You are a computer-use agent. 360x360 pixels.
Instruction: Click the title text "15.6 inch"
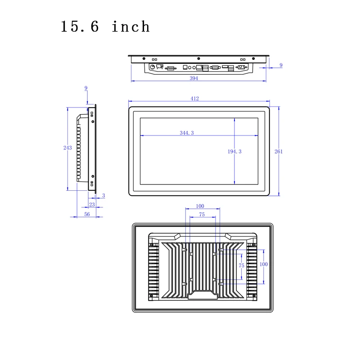(x=105, y=27)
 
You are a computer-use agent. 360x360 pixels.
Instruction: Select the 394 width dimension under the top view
(x=193, y=78)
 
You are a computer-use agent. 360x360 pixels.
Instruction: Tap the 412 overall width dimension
(x=194, y=98)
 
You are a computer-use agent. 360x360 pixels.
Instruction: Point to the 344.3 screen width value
(x=186, y=133)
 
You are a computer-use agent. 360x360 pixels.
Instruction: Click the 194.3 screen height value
(x=234, y=152)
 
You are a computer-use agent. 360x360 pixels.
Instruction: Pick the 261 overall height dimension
(x=279, y=152)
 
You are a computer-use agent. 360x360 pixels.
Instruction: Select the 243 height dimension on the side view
(x=67, y=148)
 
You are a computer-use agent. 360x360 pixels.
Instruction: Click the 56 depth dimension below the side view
(x=87, y=214)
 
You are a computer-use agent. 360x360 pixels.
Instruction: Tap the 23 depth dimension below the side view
(x=92, y=204)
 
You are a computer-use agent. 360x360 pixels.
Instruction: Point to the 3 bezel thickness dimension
(x=103, y=195)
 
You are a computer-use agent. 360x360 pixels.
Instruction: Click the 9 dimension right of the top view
(x=281, y=65)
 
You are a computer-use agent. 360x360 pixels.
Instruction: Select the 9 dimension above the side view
(x=86, y=88)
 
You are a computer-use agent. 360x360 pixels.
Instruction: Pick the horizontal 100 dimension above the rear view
(x=200, y=206)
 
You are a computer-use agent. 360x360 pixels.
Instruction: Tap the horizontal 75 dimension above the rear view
(x=202, y=215)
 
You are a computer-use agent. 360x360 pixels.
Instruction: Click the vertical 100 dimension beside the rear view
(x=264, y=264)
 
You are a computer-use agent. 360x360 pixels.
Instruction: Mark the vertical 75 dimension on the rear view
(x=242, y=265)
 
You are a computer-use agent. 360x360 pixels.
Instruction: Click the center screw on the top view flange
(x=198, y=58)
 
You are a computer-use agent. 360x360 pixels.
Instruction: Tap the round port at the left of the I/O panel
(x=152, y=67)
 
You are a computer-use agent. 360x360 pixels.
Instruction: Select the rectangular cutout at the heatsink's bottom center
(x=202, y=296)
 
